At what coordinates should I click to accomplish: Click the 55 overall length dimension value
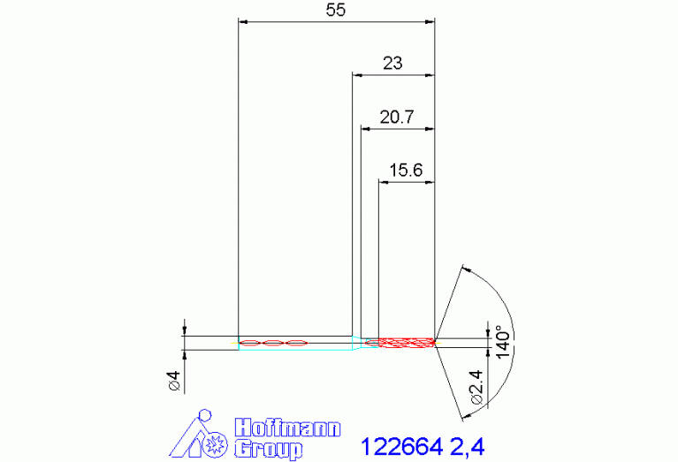tap(336, 10)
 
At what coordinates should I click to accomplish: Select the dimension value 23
tap(392, 63)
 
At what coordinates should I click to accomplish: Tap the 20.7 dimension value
tap(397, 117)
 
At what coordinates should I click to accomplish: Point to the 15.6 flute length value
tap(406, 170)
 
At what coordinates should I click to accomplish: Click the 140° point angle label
tap(502, 342)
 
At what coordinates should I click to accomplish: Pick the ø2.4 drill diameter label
tap(476, 387)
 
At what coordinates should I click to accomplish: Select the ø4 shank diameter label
tap(174, 382)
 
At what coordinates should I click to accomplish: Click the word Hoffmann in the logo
tap(287, 428)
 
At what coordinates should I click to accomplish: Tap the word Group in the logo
tap(268, 449)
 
